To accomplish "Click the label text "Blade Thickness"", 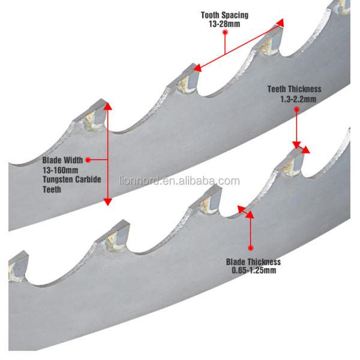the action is click(x=253, y=262).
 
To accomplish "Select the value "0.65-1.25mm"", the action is click(x=253, y=270).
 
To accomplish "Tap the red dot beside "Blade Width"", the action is click(x=88, y=160).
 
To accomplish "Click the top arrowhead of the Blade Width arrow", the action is click(x=108, y=106).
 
